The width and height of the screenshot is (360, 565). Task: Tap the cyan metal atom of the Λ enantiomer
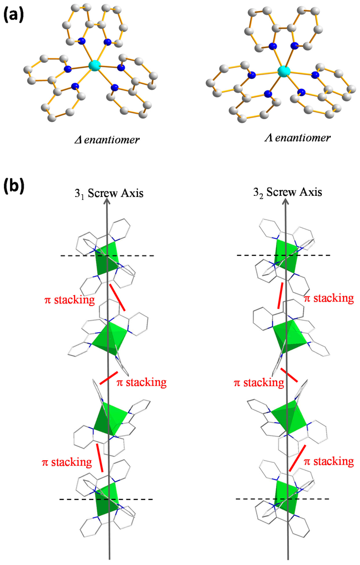click(x=284, y=71)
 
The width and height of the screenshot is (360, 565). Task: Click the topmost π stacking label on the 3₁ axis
click(x=69, y=301)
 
